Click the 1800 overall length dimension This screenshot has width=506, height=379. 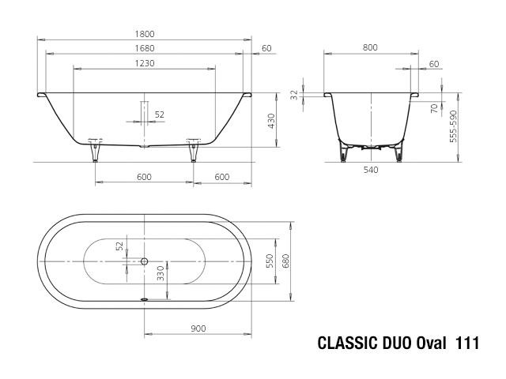[145, 34]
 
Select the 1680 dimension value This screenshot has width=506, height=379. [145, 48]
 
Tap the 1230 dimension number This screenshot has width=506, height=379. [145, 63]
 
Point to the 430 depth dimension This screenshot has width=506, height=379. [271, 121]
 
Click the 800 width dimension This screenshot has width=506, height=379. [370, 47]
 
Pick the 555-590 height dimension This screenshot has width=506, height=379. [453, 126]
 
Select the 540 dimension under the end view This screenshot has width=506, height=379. [371, 170]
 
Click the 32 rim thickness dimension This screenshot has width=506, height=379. [294, 95]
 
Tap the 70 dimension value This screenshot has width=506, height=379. [435, 108]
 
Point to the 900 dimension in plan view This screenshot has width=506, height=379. [198, 328]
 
